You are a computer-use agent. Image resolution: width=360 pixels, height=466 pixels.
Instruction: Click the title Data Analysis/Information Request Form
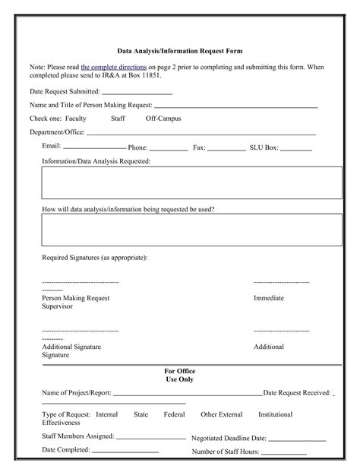click(x=179, y=52)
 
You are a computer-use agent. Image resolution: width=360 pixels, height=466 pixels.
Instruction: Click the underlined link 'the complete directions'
click(x=114, y=67)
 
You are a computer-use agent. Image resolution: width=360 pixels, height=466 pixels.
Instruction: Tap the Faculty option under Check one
click(x=76, y=119)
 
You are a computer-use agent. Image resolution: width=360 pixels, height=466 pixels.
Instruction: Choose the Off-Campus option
click(x=163, y=119)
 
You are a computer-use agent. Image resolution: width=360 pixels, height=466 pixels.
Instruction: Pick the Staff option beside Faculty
click(x=118, y=119)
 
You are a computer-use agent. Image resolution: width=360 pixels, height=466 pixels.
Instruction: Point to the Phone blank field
click(x=169, y=147)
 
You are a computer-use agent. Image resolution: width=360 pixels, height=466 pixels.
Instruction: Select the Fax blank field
click(x=226, y=147)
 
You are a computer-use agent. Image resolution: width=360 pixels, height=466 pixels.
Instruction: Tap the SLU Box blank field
click(x=296, y=147)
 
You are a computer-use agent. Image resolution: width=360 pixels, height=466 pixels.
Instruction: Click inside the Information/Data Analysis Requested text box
click(x=191, y=183)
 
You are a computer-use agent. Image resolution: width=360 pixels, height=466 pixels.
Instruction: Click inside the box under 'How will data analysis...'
click(x=191, y=230)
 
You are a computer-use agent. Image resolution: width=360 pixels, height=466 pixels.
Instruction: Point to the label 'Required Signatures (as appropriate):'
click(x=94, y=258)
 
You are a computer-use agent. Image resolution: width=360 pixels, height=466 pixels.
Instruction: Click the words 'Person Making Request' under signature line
click(x=76, y=298)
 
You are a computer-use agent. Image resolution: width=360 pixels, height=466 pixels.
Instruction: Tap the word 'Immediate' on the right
click(x=269, y=298)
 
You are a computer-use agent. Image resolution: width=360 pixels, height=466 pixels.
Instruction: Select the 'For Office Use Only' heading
click(x=180, y=375)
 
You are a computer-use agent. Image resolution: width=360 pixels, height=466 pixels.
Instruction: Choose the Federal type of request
click(x=174, y=414)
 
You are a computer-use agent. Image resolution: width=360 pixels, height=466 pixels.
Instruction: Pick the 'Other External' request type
click(x=222, y=414)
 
